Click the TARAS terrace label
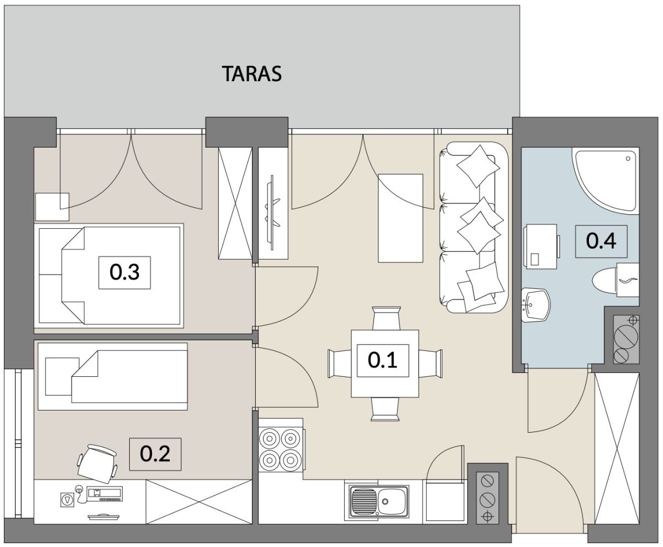[252, 74]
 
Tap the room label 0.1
[383, 361]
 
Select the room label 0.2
[155, 454]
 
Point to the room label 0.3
[124, 272]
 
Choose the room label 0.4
[602, 241]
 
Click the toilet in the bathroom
[615, 280]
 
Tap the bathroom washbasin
[536, 304]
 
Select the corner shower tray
[606, 180]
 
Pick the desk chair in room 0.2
[97, 464]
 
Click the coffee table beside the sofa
[401, 218]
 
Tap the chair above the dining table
[386, 318]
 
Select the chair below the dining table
[386, 409]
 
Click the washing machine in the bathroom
[541, 247]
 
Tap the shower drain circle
[628, 159]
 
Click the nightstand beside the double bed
[52, 207]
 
